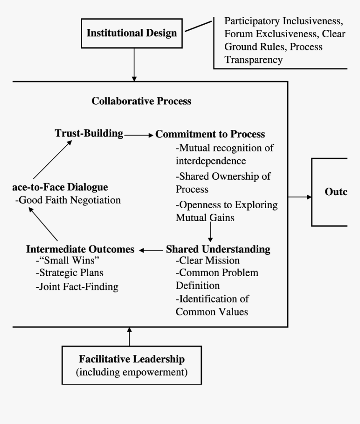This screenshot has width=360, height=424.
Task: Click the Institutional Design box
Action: (x=131, y=34)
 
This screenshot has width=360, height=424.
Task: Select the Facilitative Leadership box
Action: (x=131, y=365)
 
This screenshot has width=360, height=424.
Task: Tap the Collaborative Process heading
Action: (x=141, y=101)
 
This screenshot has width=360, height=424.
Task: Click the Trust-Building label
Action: (x=89, y=133)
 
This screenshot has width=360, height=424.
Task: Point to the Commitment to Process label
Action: (x=210, y=134)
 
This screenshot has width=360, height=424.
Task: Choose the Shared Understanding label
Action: (x=218, y=249)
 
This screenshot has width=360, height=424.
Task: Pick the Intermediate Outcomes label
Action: (x=80, y=249)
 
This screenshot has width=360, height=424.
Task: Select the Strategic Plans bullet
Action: (x=69, y=273)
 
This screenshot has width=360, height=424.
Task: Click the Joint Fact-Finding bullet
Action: (x=77, y=287)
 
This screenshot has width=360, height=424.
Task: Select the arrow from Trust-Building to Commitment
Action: (x=139, y=135)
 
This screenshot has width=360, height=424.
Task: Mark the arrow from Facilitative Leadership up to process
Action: (x=130, y=336)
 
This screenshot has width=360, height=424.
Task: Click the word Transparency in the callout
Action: (x=253, y=60)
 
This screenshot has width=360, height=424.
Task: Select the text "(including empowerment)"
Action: (x=131, y=372)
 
